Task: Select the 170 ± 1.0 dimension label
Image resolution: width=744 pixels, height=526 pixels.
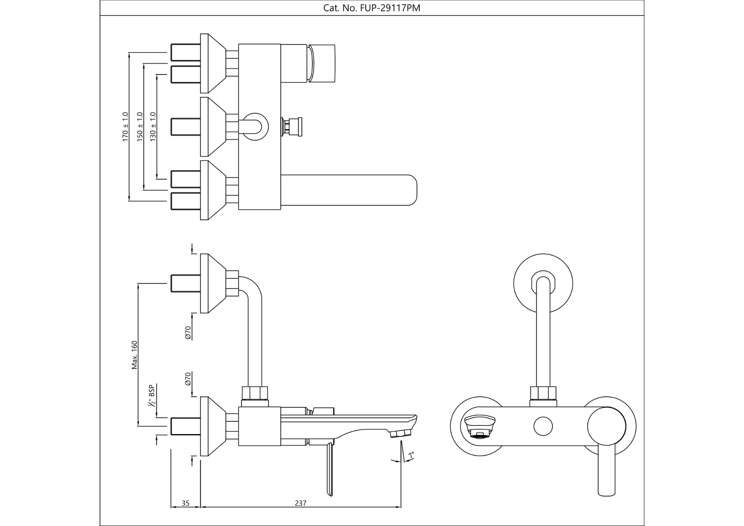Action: pyautogui.click(x=125, y=126)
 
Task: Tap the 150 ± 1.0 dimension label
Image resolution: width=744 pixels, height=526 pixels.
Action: pyautogui.click(x=140, y=126)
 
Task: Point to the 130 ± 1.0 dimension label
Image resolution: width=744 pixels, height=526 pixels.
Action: pyautogui.click(x=153, y=126)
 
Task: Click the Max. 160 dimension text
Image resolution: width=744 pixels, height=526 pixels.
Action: pyautogui.click(x=134, y=355)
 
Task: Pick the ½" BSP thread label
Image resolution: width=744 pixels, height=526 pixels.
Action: pyautogui.click(x=151, y=396)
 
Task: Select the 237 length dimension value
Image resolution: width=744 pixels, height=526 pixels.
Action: pyautogui.click(x=300, y=503)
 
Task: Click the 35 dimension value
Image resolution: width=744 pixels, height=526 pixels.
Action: pyautogui.click(x=186, y=503)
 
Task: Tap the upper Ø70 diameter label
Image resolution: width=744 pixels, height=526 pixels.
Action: pyautogui.click(x=188, y=332)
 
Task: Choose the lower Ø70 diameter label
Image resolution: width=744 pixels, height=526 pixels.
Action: pyautogui.click(x=188, y=379)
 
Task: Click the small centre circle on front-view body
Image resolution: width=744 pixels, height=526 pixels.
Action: pyautogui.click(x=543, y=426)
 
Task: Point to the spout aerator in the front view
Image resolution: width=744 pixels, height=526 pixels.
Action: pyautogui.click(x=480, y=427)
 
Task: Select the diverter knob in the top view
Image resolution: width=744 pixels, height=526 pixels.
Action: pyautogui.click(x=293, y=126)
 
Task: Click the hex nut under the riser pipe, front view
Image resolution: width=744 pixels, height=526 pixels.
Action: pyautogui.click(x=543, y=393)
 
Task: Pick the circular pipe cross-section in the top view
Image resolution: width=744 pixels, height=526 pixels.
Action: pyautogui.click(x=255, y=126)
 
